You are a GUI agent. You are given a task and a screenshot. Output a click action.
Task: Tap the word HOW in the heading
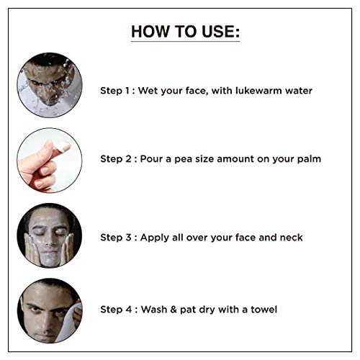[x=150, y=32]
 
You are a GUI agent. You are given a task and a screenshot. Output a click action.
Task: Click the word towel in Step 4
[x=264, y=310]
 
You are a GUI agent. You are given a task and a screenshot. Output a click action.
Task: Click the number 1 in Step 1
[x=127, y=91]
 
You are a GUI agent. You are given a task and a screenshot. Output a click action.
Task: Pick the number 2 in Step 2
[x=128, y=159]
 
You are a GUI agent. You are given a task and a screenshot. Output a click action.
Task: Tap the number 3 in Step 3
[x=128, y=238]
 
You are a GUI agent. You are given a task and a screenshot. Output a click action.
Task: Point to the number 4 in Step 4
[x=129, y=310]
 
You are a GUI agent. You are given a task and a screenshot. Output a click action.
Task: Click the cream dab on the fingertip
[x=63, y=146]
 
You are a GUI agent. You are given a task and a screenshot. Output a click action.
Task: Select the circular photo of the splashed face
[x=50, y=85]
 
